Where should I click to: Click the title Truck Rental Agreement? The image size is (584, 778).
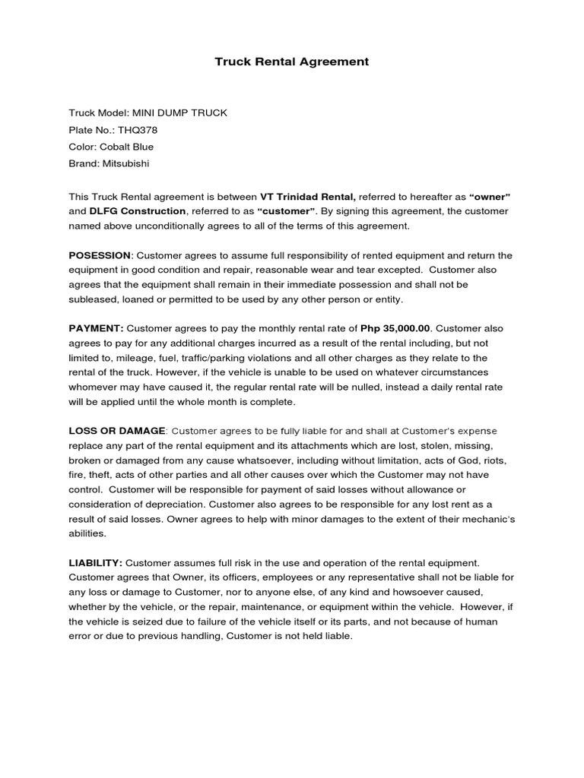291,62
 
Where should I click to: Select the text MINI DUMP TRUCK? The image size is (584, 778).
179,113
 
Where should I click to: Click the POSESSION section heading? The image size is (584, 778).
100,255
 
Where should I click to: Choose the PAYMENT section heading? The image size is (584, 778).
96,328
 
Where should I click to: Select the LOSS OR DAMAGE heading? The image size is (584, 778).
116,431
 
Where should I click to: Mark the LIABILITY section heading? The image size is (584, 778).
96,562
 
